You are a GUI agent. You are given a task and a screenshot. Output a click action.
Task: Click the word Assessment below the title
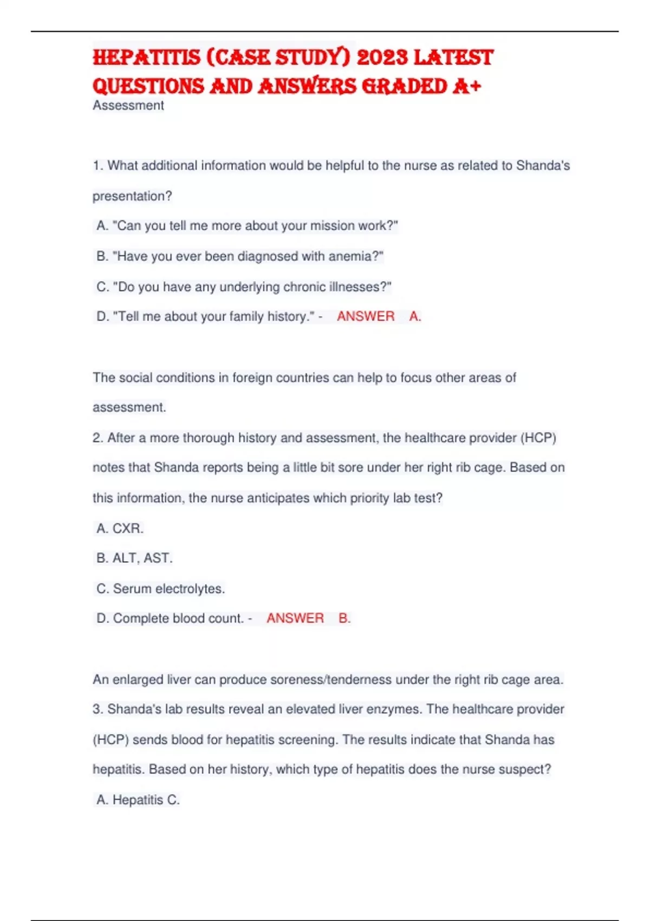coord(128,106)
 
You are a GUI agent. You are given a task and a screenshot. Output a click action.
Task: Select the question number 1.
coord(97,166)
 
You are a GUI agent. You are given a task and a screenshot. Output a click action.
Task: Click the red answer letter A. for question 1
coord(415,316)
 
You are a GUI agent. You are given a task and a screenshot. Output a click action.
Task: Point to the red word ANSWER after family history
coord(366,316)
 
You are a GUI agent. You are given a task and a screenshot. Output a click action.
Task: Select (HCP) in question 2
coord(538,438)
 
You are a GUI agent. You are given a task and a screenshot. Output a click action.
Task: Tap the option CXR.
coord(128,528)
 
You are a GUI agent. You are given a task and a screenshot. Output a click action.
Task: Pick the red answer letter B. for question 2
coord(344,618)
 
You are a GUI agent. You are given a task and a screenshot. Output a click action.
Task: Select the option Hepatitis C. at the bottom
coord(145,800)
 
